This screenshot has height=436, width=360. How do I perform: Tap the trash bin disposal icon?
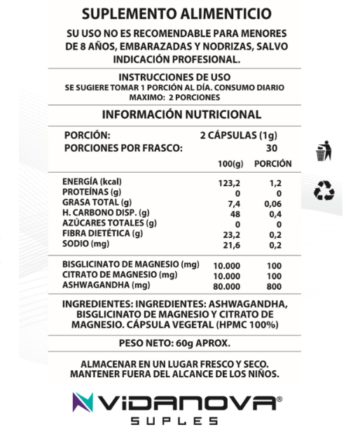[324, 152]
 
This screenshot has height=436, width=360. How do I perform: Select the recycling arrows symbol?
[324, 190]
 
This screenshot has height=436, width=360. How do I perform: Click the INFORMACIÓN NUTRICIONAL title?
[181, 115]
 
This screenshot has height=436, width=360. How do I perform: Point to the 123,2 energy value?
[230, 181]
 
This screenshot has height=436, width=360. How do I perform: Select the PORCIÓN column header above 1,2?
[273, 163]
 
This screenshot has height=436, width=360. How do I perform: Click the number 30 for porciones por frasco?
[272, 148]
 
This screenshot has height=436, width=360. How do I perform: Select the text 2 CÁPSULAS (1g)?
[240, 135]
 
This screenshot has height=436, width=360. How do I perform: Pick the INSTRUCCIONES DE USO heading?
[181, 76]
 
